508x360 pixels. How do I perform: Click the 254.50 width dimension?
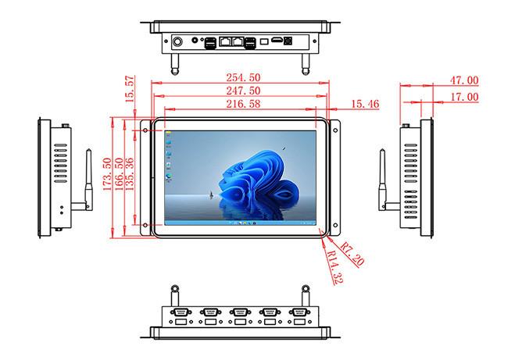coord(243,77)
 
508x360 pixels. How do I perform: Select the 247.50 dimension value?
coord(243,91)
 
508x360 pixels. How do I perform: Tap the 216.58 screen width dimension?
coord(243,104)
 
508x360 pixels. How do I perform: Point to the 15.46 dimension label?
coord(365,104)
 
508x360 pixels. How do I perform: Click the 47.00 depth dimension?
coord(464,80)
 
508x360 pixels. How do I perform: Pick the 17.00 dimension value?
coord(464,97)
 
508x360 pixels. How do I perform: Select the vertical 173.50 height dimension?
coord(107,174)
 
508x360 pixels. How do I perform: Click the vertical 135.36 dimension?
coord(129,174)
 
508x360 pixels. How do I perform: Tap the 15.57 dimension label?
coord(129,89)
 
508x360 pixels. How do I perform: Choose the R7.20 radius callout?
coord(352,255)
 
